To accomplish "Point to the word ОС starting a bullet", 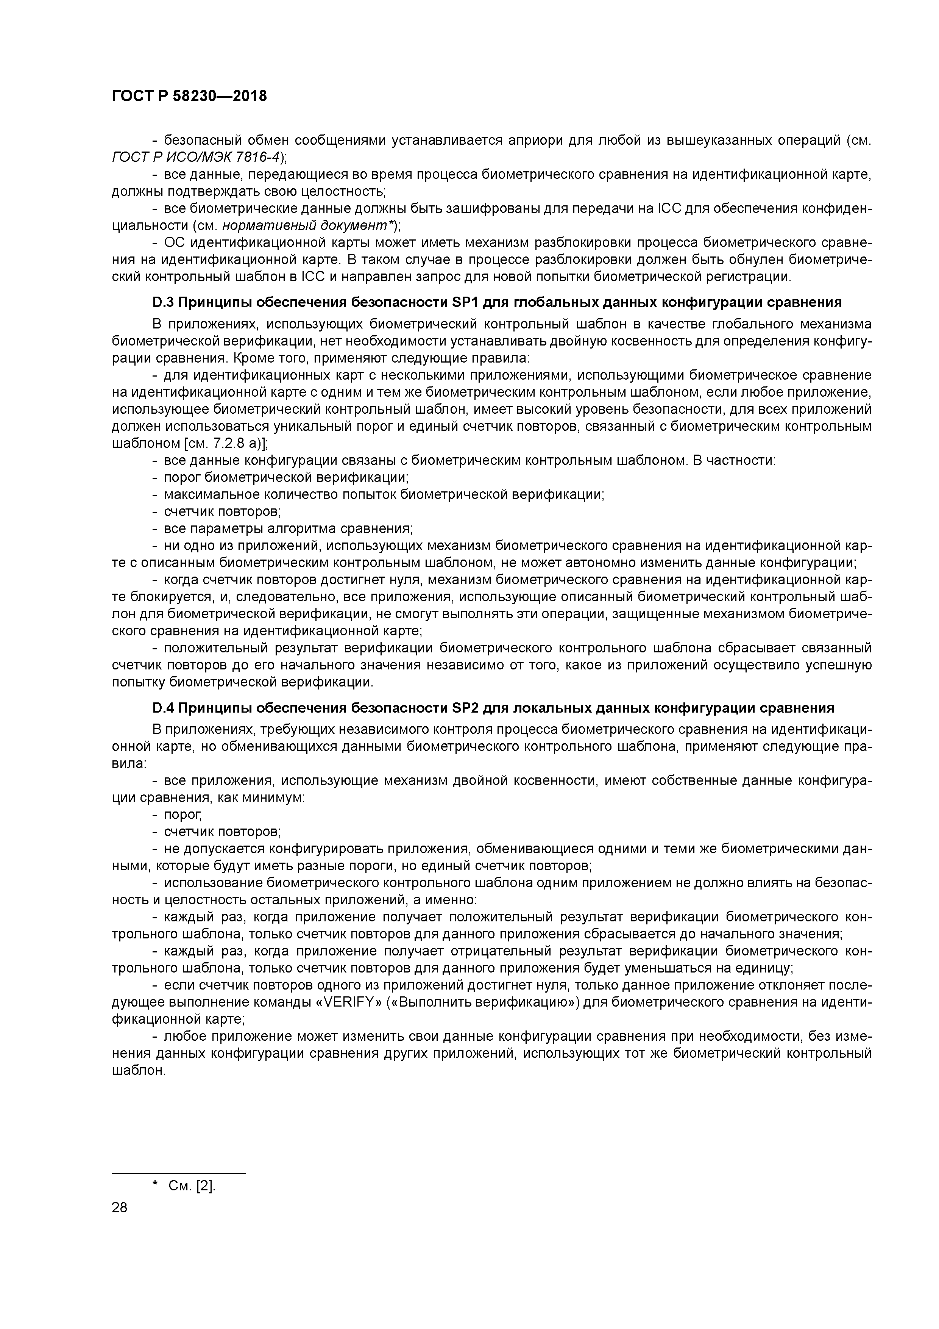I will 173,242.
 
